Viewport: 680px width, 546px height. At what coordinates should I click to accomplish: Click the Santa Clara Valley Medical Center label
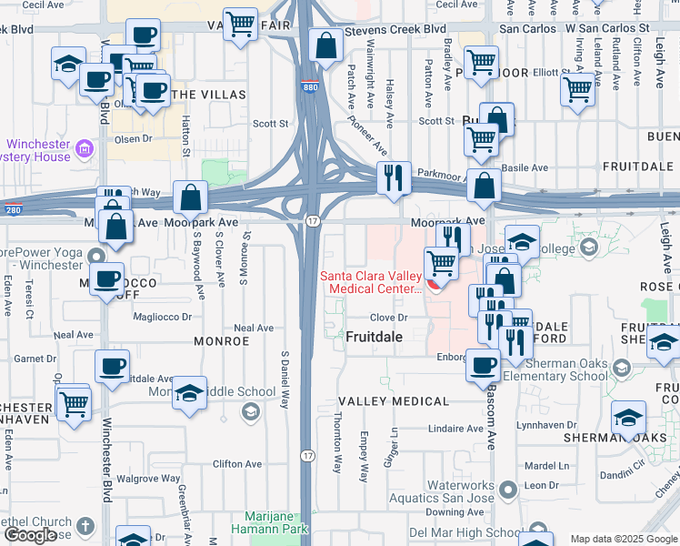370,282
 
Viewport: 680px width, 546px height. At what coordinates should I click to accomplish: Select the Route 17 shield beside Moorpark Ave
312,221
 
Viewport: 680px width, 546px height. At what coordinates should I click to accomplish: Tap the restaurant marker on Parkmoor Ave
394,177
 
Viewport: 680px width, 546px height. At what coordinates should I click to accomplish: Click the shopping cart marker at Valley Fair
240,24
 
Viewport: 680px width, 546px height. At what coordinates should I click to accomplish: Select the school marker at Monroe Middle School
189,393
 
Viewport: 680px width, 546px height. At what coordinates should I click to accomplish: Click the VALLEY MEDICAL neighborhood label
393,401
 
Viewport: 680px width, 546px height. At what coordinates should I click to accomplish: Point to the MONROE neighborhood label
221,341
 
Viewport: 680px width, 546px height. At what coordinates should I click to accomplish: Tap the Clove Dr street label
386,318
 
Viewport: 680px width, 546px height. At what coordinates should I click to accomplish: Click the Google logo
30,535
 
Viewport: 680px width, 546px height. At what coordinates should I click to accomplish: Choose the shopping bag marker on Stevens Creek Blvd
325,45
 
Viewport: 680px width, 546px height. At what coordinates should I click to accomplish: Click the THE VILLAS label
195,95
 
